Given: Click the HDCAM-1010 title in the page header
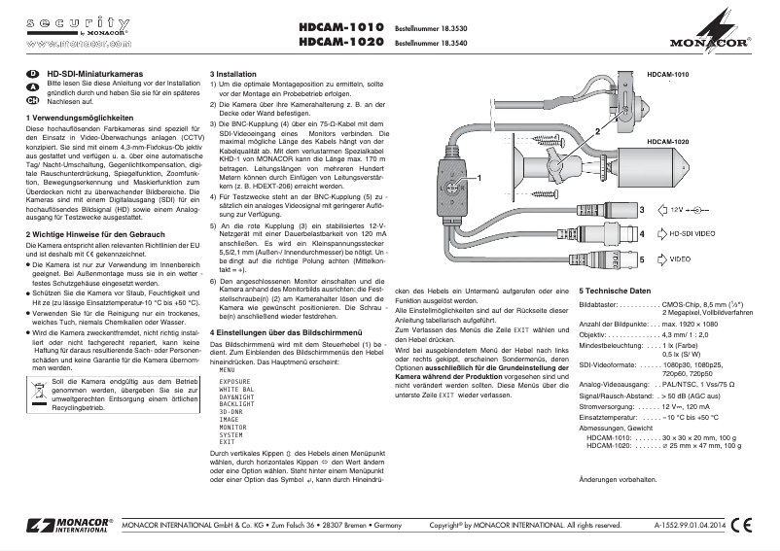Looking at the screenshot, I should coord(341,28).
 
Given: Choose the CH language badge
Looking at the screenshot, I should coord(32,100).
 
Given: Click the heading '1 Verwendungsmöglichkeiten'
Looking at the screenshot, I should coord(78,118).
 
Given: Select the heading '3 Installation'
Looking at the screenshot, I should coord(232,74).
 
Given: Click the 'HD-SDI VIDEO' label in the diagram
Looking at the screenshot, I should coord(696,234).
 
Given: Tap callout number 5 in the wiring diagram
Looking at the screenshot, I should coord(641,260).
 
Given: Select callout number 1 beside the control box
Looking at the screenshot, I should coord(479,178).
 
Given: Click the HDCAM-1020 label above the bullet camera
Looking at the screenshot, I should coord(667,142).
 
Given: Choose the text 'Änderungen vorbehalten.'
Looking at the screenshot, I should coord(619,480).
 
